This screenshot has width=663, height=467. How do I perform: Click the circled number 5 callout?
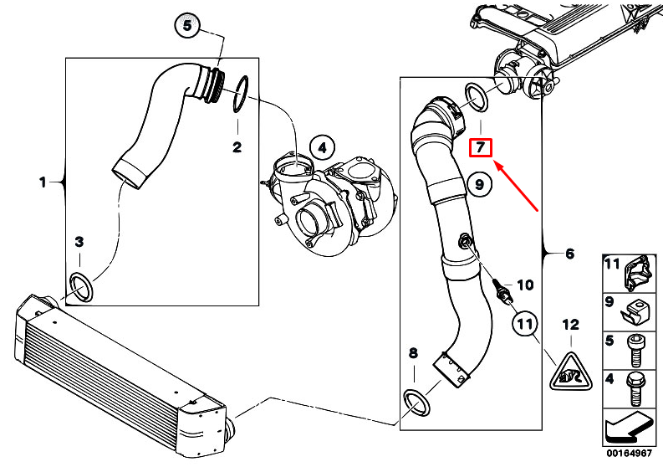click(x=187, y=26)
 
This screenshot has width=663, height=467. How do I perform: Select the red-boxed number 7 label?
click(x=481, y=147)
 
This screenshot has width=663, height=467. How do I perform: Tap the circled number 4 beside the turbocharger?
click(x=322, y=148)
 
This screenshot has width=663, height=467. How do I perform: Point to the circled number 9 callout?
click(x=479, y=185)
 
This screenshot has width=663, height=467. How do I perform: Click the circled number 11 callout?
click(x=525, y=325)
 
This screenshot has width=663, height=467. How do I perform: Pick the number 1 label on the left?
click(x=43, y=182)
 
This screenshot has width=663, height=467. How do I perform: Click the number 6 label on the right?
click(x=570, y=254)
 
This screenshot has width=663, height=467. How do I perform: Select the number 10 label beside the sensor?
click(x=525, y=285)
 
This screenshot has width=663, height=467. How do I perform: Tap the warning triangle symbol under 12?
click(x=571, y=372)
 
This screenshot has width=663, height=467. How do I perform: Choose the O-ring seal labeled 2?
click(x=241, y=95)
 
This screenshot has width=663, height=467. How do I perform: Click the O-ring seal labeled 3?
click(x=81, y=288)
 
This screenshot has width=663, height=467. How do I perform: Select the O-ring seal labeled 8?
click(x=417, y=403)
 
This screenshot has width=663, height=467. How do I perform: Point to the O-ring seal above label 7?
click(x=477, y=98)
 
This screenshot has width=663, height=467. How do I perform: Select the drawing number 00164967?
click(x=630, y=453)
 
